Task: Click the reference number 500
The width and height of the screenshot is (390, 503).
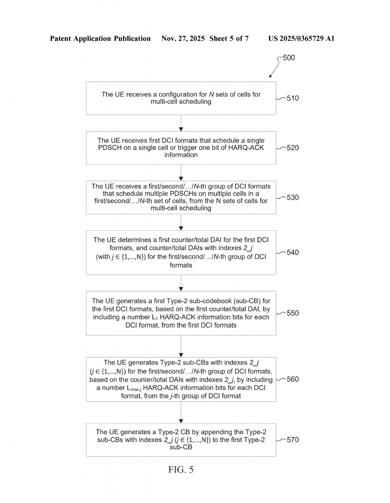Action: tap(289, 58)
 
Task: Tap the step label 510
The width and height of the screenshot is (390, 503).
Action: tap(293, 98)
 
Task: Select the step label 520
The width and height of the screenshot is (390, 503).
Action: tap(293, 147)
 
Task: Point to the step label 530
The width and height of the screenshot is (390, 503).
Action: tap(293, 197)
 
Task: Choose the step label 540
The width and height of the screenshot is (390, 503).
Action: tap(293, 252)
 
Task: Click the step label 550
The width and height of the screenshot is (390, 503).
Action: tap(293, 313)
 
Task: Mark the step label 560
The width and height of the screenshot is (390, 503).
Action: tap(293, 379)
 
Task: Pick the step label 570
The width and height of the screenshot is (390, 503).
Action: tap(293, 440)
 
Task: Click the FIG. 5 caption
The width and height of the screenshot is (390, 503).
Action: tap(181, 470)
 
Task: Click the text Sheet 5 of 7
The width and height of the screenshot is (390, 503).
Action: tap(229, 38)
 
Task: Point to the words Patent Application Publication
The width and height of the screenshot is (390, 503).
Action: tap(100, 38)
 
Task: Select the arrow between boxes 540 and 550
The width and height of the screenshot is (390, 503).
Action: tap(181, 282)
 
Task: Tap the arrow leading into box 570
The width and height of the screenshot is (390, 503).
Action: tap(181, 412)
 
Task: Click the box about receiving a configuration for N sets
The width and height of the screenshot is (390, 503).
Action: tap(181, 98)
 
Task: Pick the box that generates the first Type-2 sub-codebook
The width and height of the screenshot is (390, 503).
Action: tap(181, 313)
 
